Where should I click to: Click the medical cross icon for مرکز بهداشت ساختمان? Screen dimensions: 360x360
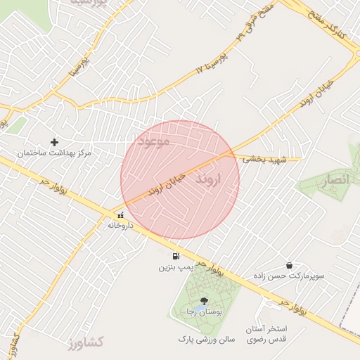(54, 142)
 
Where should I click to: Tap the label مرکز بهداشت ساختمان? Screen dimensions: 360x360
(55, 153)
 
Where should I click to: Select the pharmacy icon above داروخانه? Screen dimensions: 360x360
(120, 216)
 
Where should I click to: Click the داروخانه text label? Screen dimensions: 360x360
(120, 226)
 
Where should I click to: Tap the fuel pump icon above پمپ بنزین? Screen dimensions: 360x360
(175, 256)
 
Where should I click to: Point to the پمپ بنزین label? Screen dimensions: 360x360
(174, 267)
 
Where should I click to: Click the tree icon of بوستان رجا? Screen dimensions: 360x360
(204, 301)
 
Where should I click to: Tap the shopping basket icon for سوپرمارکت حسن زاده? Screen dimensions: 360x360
(290, 265)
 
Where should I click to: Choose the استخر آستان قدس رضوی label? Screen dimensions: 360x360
(267, 335)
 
